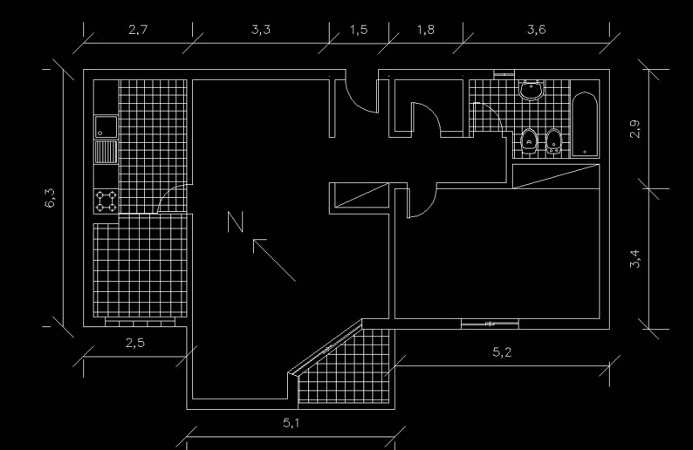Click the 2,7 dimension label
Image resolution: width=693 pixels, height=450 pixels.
click(x=138, y=30)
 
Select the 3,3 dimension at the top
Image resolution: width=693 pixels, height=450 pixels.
click(x=261, y=30)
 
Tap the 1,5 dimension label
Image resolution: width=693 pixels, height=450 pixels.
click(x=359, y=30)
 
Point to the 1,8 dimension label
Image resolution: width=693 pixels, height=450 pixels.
click(x=426, y=30)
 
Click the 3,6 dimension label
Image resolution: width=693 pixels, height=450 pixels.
click(x=537, y=30)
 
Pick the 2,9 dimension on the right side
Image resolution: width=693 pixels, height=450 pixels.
click(x=635, y=129)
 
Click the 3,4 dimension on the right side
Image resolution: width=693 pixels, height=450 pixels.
click(x=635, y=258)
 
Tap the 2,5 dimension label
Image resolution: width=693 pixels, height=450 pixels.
click(x=134, y=343)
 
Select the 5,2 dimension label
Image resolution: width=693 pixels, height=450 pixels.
click(x=503, y=352)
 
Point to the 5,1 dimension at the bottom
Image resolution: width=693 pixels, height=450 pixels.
click(x=292, y=424)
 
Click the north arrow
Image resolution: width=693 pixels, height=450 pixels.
click(x=274, y=260)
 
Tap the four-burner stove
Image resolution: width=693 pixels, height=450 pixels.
click(x=106, y=201)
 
